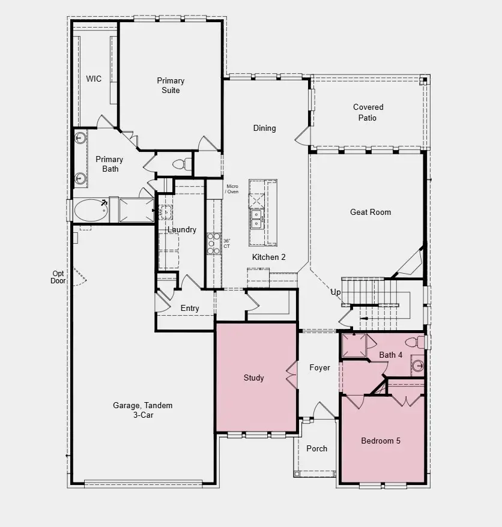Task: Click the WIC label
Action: tap(93, 79)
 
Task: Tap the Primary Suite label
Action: tap(171, 85)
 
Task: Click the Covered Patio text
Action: tap(367, 112)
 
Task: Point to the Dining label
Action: tap(264, 128)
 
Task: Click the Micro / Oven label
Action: tap(232, 189)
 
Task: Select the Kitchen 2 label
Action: tap(268, 257)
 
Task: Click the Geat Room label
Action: tap(370, 212)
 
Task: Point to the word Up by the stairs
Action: tap(336, 292)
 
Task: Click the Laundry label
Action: tap(181, 229)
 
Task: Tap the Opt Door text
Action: tap(58, 277)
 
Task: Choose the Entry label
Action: tap(190, 309)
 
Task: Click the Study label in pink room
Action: tap(253, 378)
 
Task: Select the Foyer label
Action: tap(319, 367)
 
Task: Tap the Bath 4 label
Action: tap(391, 355)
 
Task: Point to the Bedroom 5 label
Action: tap(381, 441)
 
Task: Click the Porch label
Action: tap(316, 448)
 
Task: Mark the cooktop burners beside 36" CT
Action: tap(214, 242)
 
